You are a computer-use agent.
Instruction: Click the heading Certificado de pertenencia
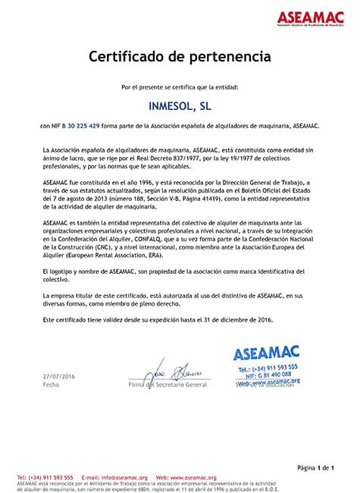pos(180,56)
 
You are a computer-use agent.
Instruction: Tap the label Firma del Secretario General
pos(167,385)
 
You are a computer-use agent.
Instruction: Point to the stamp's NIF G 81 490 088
pos(272,374)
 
